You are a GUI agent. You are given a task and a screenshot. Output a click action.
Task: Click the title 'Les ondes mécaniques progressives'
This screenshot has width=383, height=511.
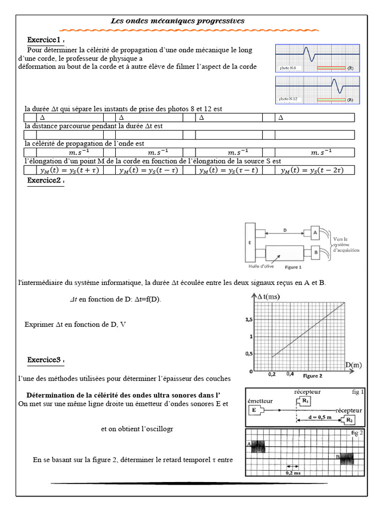point(177,21)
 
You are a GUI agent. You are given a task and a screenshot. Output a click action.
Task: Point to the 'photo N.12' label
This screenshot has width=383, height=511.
point(289,99)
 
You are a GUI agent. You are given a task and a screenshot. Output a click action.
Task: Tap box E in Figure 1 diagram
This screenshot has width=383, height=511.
point(249,244)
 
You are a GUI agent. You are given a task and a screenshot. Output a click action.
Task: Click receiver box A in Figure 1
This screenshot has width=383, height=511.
point(315,232)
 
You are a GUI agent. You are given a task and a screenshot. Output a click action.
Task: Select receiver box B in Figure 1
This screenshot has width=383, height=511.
point(315,252)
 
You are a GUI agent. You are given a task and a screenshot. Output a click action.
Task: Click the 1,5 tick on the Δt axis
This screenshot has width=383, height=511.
point(248,319)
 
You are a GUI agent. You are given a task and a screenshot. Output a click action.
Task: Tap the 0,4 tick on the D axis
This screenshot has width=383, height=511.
point(290,373)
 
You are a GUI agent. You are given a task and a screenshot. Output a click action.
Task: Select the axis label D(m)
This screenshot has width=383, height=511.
point(353,365)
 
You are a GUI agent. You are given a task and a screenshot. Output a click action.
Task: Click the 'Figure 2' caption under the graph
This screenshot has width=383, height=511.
point(313,375)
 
